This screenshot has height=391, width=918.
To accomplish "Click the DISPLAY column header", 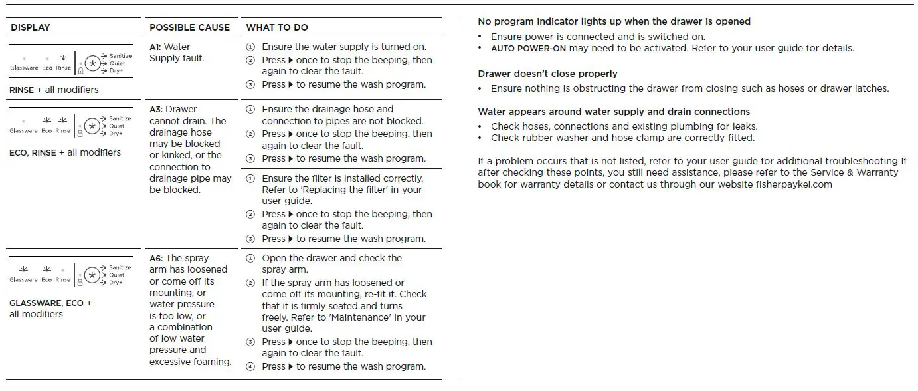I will pos(31,27).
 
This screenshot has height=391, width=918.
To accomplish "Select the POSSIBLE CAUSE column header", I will pos(189,27).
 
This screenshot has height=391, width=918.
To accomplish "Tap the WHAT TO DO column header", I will pos(277,27).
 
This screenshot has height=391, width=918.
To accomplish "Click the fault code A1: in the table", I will pos(155,47).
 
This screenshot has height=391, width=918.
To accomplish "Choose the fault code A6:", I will pos(156,258).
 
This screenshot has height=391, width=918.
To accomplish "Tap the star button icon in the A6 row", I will pos(92,275).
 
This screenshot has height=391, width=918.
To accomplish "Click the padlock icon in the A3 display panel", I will pos(80,134).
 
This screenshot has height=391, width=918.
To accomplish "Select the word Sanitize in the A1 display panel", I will pos(120,56).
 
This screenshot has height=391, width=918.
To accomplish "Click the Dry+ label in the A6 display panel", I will pos(116,283).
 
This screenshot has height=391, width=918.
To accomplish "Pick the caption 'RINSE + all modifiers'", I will pos(54,90).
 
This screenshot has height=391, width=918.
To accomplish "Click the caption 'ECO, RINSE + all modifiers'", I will pos(65,152).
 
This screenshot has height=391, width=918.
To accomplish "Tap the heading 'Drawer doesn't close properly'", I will pos(547,74).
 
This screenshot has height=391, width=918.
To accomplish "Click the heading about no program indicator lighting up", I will pos(614,21).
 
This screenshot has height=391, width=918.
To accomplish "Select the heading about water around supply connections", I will pos(614,112).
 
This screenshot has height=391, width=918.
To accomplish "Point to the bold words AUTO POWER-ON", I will pos(528,48).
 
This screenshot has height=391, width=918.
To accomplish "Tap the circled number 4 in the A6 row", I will pos(250,366).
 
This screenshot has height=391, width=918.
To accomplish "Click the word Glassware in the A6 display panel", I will pos(24,280).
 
